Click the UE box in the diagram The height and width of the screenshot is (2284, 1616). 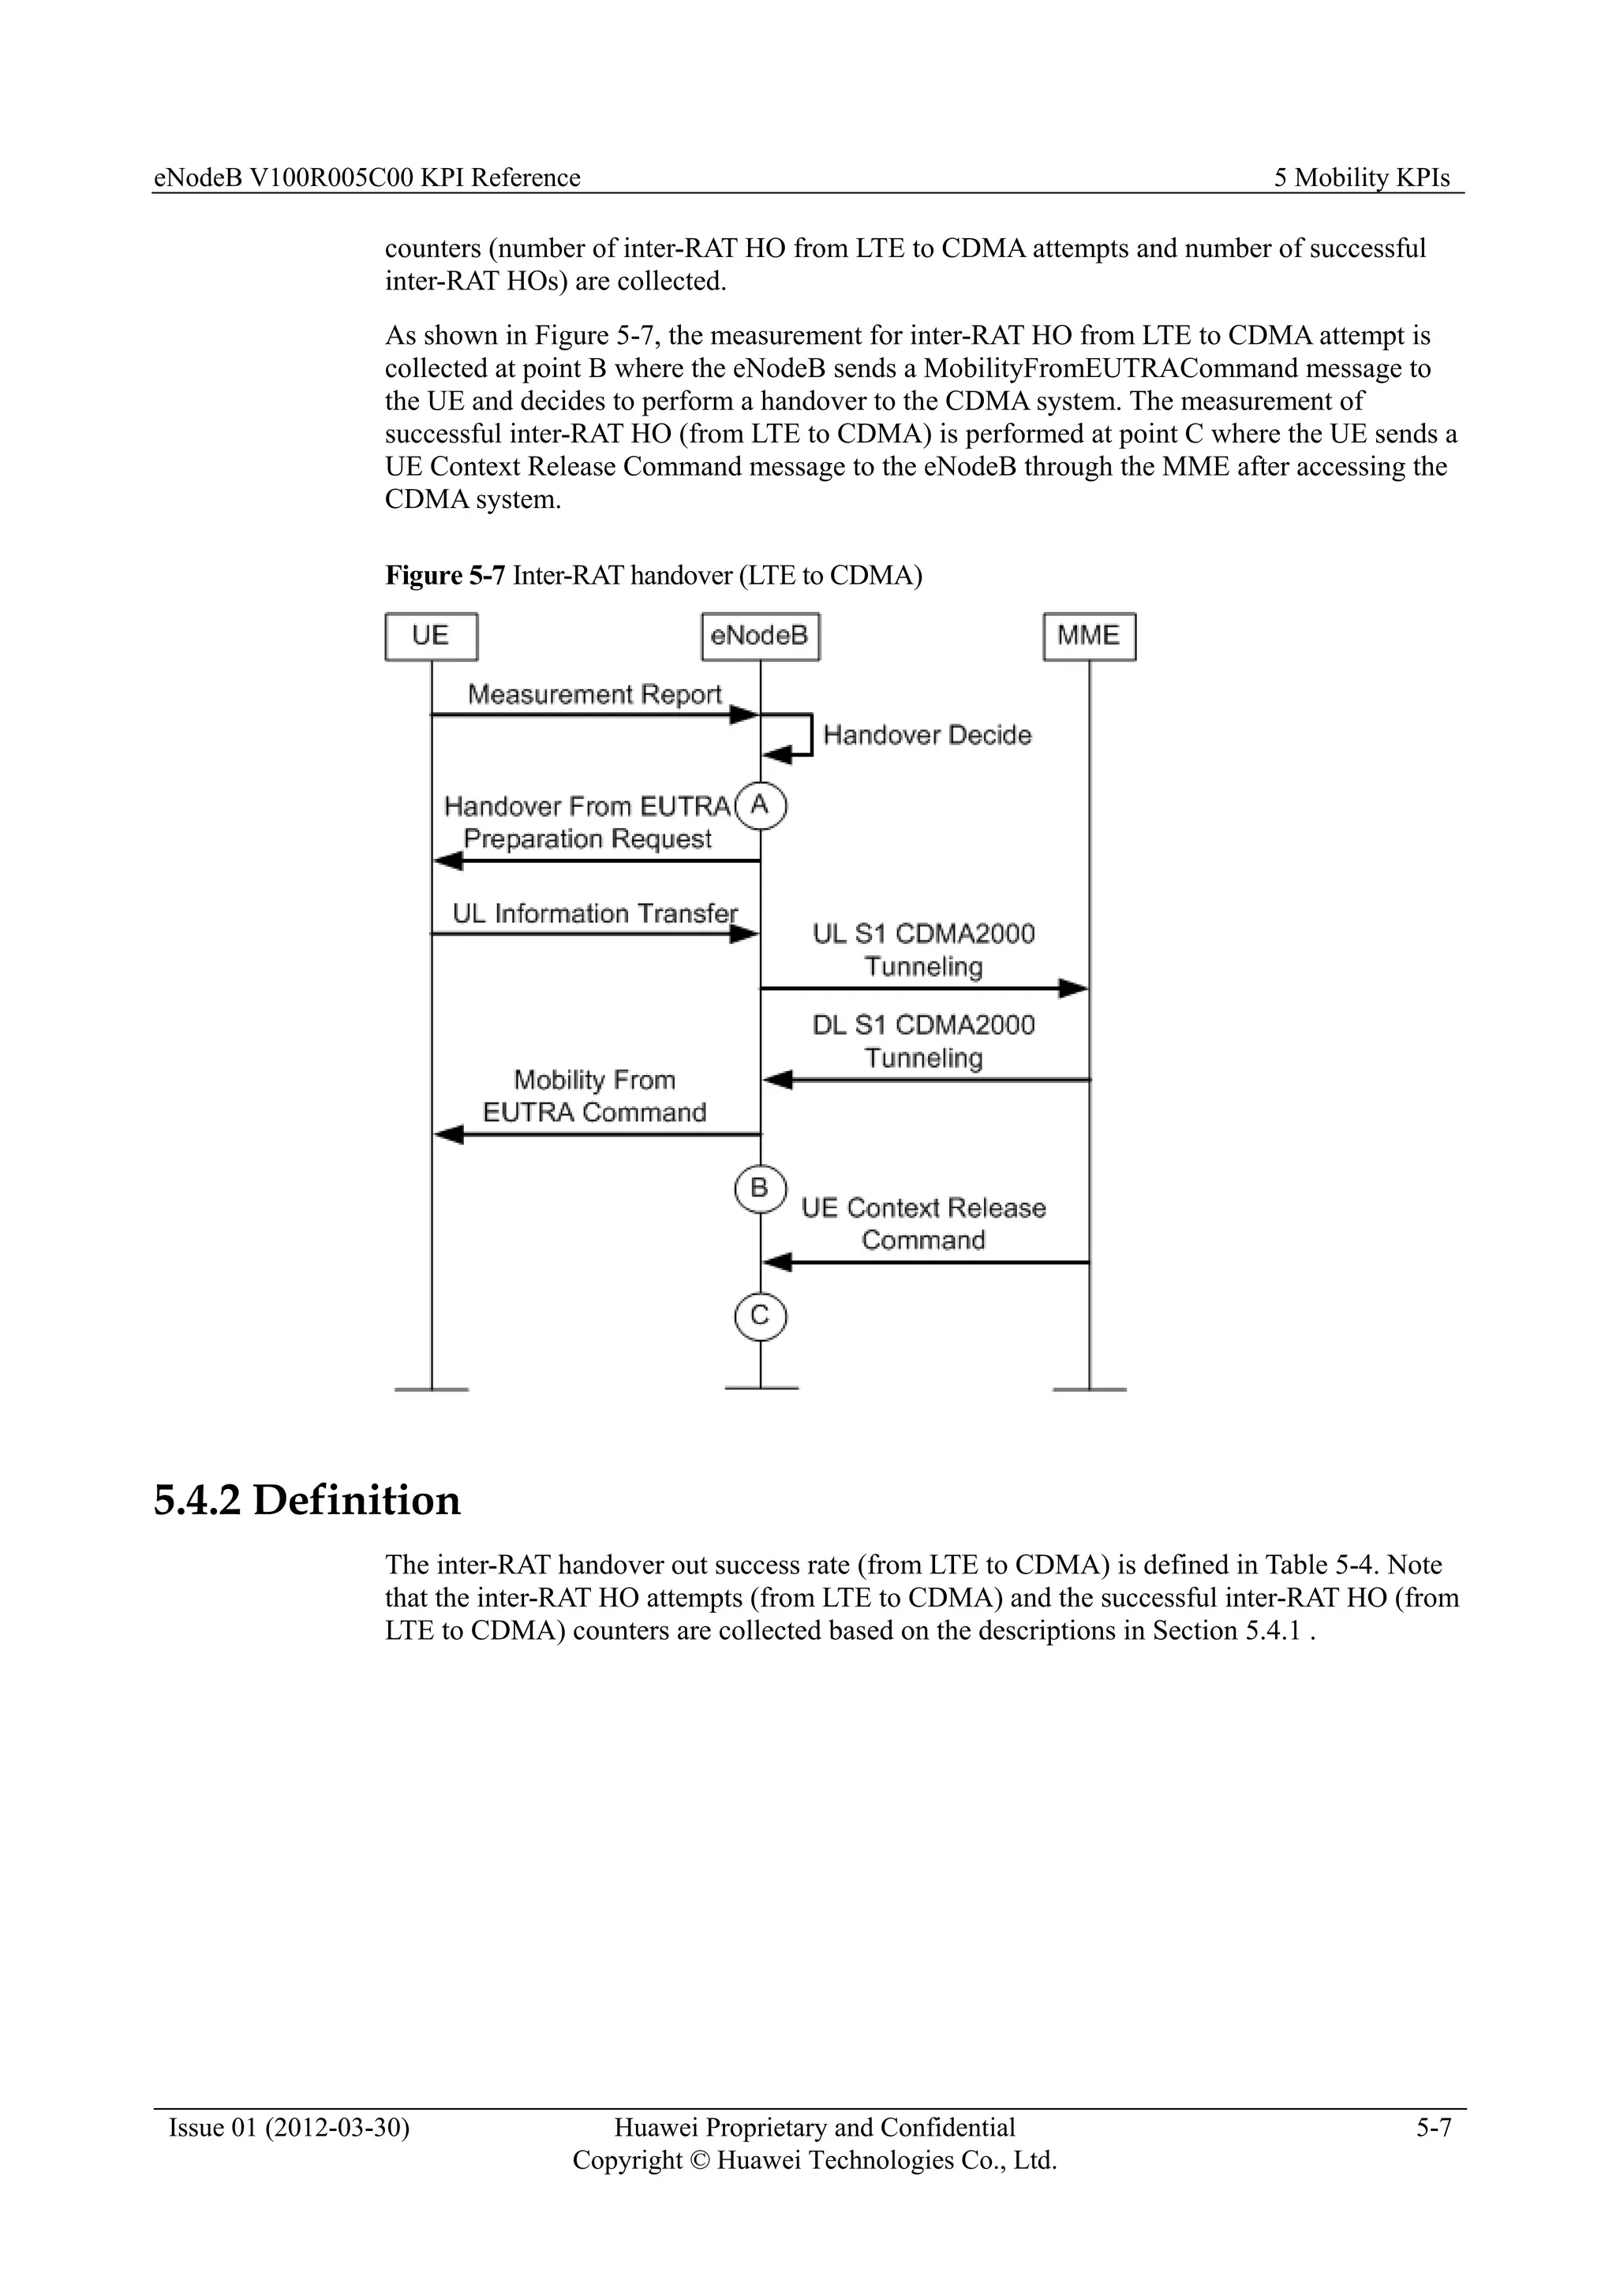pyautogui.click(x=431, y=636)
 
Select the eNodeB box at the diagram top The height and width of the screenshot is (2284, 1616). pyautogui.click(x=760, y=636)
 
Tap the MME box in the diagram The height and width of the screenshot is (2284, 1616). pyautogui.click(x=1089, y=636)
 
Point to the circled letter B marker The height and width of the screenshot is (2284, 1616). pyautogui.click(x=760, y=1188)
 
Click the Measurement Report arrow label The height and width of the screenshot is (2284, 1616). pyautogui.click(x=594, y=694)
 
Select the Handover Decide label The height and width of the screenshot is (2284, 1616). pyautogui.click(x=926, y=735)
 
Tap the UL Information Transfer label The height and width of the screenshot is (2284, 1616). pyautogui.click(x=594, y=913)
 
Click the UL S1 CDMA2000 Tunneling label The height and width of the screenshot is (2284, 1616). pyautogui.click(x=923, y=950)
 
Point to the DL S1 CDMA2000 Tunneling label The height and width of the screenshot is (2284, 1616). pyautogui.click(x=923, y=1042)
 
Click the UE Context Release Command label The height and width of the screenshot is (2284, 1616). pyautogui.click(x=923, y=1223)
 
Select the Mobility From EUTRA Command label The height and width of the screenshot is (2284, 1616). pyautogui.click(x=594, y=1096)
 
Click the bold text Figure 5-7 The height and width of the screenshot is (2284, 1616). pyautogui.click(x=445, y=576)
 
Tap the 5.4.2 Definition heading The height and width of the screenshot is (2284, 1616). pyautogui.click(x=306, y=1500)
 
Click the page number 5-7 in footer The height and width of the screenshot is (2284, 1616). pyautogui.click(x=1434, y=2128)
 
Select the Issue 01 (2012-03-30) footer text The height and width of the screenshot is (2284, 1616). pyautogui.click(x=289, y=2128)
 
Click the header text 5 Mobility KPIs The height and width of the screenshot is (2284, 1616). pyautogui.click(x=1361, y=178)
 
